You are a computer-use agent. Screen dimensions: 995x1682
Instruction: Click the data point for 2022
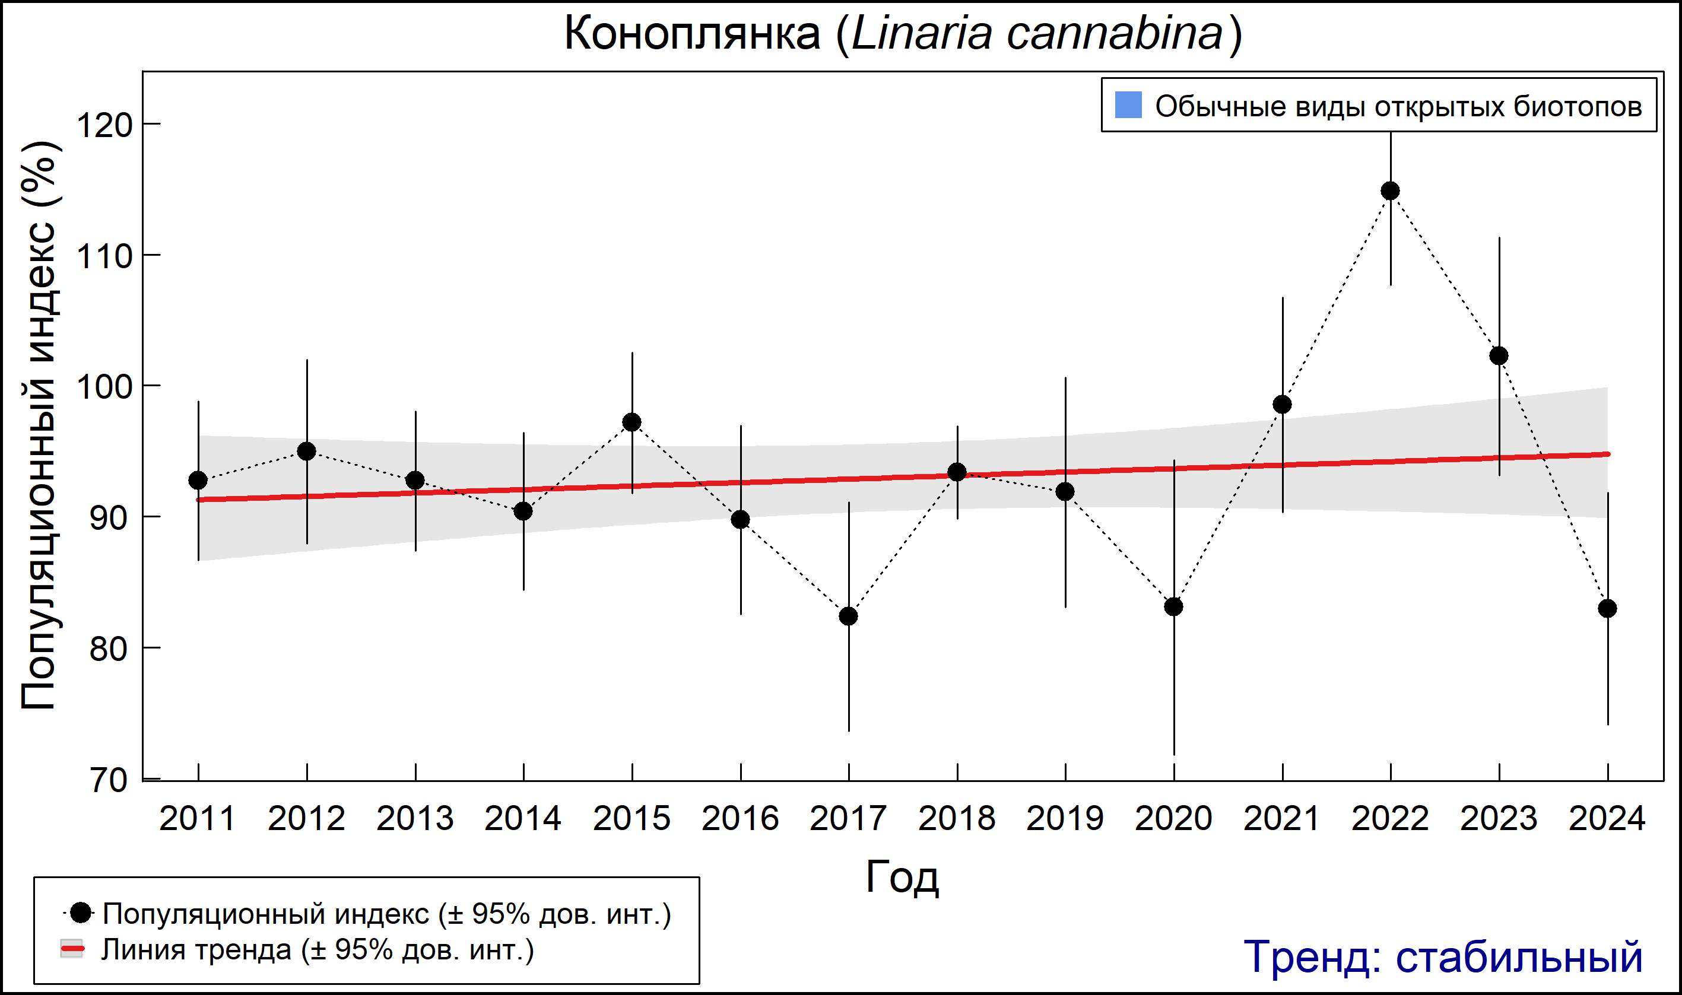click(x=1390, y=191)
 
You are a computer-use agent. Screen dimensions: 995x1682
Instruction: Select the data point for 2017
click(x=848, y=615)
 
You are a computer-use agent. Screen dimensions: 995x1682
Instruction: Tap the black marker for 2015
click(x=631, y=422)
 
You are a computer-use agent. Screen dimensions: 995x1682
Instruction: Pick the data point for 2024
click(x=1607, y=609)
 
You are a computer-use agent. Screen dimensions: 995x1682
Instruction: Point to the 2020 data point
click(x=1173, y=607)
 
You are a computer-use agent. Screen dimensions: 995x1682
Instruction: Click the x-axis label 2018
click(x=956, y=819)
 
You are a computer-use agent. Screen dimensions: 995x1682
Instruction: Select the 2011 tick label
click(x=198, y=819)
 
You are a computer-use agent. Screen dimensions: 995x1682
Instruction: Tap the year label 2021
click(x=1281, y=819)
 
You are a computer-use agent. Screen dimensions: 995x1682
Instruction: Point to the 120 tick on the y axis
click(x=104, y=125)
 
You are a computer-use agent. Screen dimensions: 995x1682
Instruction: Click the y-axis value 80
click(x=109, y=649)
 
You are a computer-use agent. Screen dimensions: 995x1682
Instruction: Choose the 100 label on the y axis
click(x=104, y=387)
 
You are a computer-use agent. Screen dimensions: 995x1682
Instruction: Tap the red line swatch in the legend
click(x=72, y=949)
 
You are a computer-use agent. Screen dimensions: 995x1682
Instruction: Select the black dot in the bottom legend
click(x=81, y=913)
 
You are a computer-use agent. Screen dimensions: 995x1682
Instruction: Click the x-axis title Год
click(x=902, y=876)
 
